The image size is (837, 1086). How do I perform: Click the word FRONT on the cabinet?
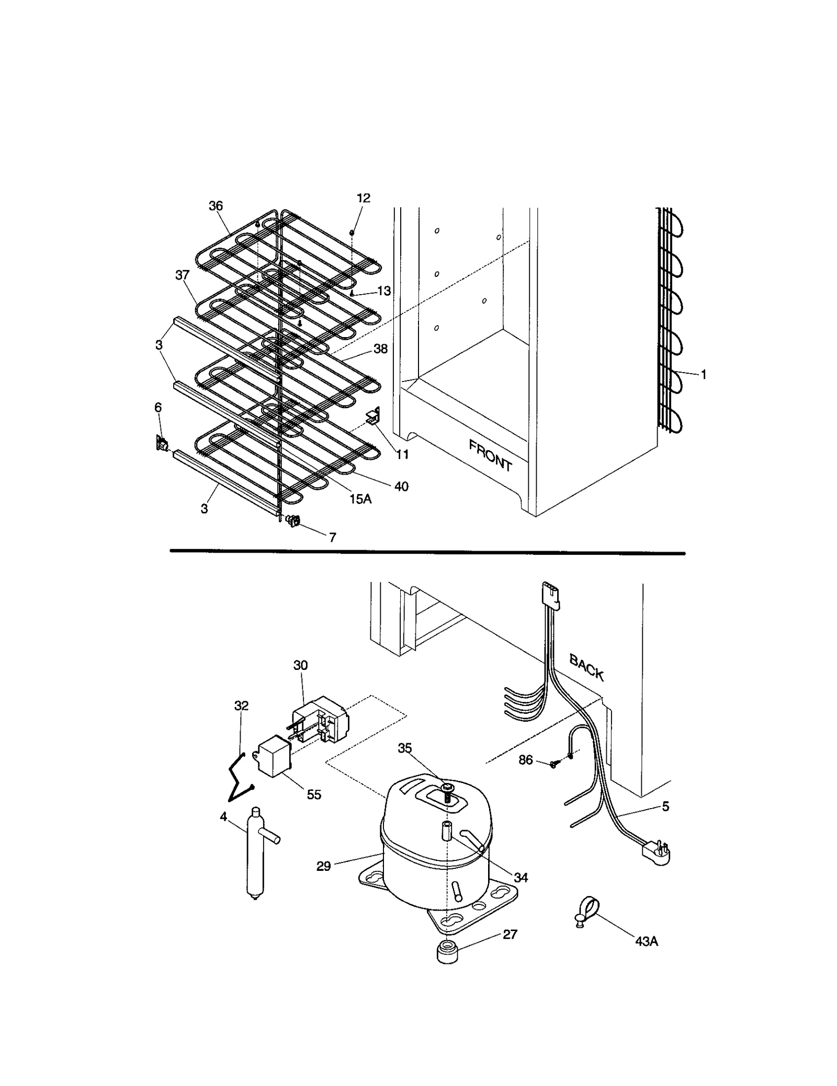[x=490, y=455]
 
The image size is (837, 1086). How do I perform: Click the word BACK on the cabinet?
[x=586, y=668]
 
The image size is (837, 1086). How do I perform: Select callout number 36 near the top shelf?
[x=216, y=206]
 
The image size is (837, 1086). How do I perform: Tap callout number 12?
[x=364, y=198]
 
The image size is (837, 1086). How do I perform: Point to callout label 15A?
[x=360, y=499]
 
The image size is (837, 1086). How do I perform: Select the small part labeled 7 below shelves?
[x=293, y=520]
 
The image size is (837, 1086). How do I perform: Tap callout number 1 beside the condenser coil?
[x=704, y=375]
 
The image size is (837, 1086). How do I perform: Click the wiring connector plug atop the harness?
[x=551, y=594]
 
